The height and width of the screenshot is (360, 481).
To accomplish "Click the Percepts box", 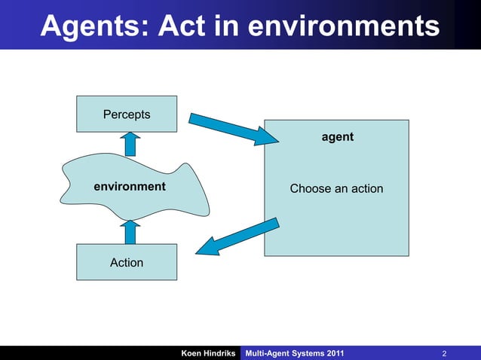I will (127, 114).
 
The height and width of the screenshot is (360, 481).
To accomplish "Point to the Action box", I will (127, 263).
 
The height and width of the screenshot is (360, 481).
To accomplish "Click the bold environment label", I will (129, 186).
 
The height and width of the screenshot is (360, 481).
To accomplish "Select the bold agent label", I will (337, 138).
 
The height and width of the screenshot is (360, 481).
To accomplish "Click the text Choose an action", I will (336, 188).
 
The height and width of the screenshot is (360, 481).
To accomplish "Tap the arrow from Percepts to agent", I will (234, 129).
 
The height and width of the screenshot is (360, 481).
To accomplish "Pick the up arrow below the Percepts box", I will (130, 143).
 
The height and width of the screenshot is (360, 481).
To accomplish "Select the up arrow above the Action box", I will (130, 232).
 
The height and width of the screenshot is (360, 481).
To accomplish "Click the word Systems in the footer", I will (306, 353).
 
